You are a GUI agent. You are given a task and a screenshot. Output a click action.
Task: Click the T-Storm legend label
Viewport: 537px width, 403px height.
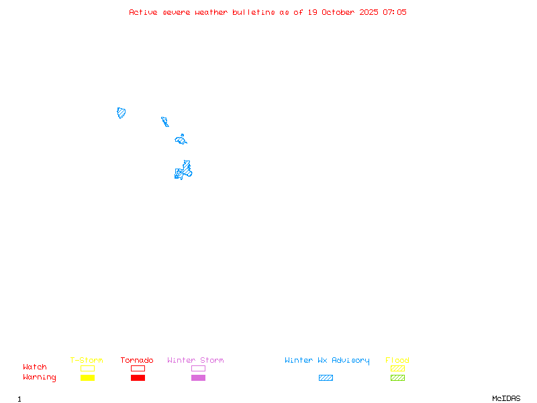pyautogui.click(x=87, y=361)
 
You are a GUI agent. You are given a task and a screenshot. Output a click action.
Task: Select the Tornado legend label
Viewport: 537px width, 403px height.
pyautogui.click(x=137, y=361)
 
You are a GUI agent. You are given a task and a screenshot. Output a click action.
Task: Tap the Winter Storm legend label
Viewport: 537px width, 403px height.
pyautogui.click(x=195, y=361)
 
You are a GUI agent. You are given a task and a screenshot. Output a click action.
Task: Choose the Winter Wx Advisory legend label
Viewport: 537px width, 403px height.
pyautogui.click(x=327, y=361)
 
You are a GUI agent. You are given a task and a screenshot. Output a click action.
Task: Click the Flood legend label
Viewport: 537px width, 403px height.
pyautogui.click(x=397, y=361)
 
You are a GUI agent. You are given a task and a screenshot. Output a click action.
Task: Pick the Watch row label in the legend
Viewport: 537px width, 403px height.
pyautogui.click(x=35, y=367)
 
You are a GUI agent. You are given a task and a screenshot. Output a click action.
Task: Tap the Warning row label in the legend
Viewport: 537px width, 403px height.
pyautogui.click(x=40, y=377)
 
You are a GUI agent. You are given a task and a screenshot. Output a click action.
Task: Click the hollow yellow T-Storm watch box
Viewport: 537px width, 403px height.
pyautogui.click(x=87, y=368)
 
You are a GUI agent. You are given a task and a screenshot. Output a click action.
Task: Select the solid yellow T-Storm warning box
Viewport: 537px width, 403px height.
pyautogui.click(x=87, y=378)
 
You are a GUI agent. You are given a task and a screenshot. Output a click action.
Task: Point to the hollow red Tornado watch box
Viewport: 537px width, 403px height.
pyautogui.click(x=138, y=368)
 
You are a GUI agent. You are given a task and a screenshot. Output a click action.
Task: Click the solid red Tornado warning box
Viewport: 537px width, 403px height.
pyautogui.click(x=138, y=378)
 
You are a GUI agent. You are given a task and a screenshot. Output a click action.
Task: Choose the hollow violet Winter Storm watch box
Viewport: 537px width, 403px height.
pyautogui.click(x=198, y=368)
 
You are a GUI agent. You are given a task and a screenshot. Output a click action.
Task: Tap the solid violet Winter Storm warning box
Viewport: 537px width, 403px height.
pyautogui.click(x=198, y=378)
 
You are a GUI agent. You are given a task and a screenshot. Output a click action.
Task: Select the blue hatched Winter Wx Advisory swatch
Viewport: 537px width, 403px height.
pyautogui.click(x=326, y=378)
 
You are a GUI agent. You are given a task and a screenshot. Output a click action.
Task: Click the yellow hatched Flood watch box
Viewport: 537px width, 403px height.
pyautogui.click(x=397, y=368)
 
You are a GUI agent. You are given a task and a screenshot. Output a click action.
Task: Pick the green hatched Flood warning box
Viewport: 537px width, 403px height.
pyautogui.click(x=397, y=378)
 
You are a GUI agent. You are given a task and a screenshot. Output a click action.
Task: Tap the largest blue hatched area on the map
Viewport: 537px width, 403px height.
pyautogui.click(x=184, y=171)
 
